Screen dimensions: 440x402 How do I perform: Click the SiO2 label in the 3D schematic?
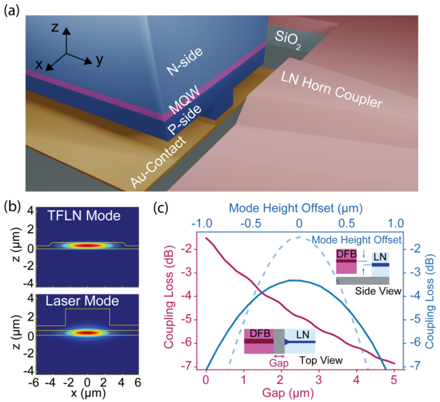[x=288, y=40]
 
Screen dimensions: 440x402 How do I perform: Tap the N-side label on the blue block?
[x=185, y=62]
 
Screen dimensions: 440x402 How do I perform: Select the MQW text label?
[x=185, y=99]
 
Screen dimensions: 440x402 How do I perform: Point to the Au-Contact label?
[x=158, y=162]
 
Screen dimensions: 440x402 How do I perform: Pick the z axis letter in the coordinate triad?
[x=55, y=27]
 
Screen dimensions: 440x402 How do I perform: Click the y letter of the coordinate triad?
[x=100, y=60]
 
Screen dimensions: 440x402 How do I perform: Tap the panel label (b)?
[x=13, y=207]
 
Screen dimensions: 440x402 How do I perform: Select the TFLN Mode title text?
[x=84, y=216]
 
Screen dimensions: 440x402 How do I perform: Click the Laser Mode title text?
[x=82, y=301]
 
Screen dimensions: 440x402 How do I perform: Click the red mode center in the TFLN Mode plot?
[x=87, y=246]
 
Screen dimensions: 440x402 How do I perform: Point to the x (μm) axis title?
[x=88, y=393]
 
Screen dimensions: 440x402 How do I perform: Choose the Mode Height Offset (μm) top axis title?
[x=296, y=208]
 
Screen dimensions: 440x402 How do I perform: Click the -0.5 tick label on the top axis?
[x=251, y=223]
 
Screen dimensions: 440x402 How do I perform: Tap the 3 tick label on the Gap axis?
[x=319, y=379]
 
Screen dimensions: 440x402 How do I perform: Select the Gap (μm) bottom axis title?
[x=288, y=393]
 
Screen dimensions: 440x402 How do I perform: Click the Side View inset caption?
[x=378, y=291]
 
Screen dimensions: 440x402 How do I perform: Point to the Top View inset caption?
[x=321, y=360]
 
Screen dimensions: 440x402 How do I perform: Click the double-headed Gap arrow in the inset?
[x=279, y=356]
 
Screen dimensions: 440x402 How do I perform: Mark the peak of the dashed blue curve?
[x=299, y=237]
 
